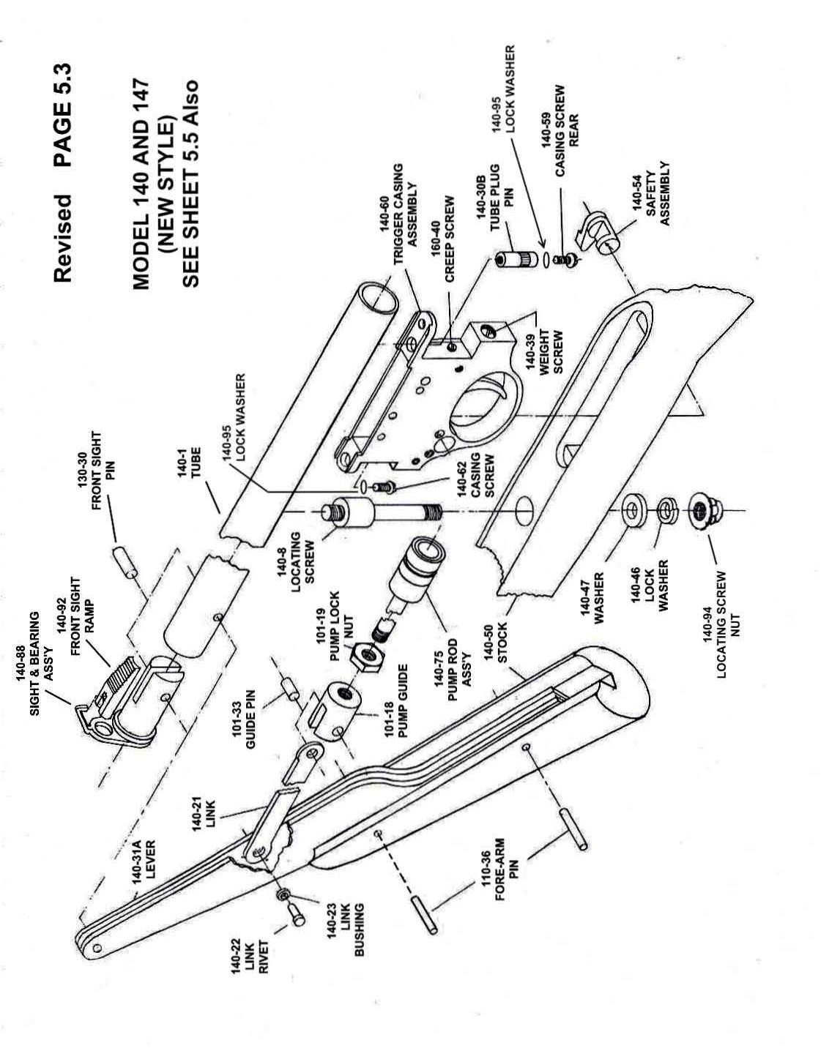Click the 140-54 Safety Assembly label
(x=652, y=194)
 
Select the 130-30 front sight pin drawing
(x=125, y=562)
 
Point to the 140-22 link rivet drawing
(x=296, y=913)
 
